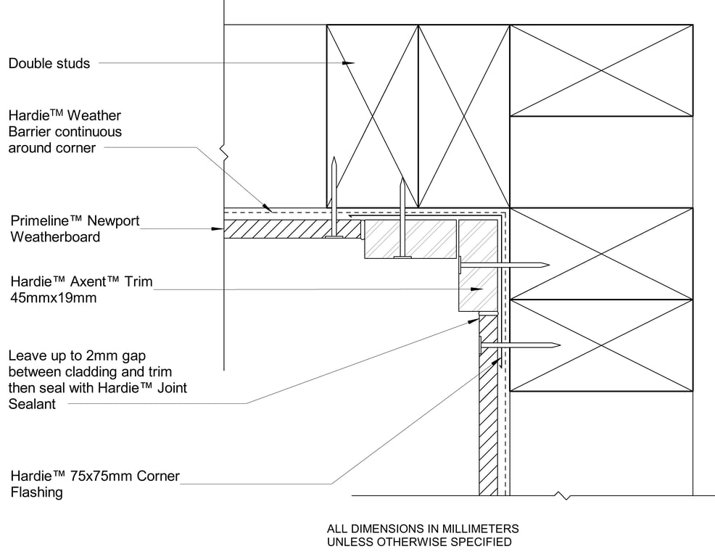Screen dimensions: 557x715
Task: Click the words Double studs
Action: pyautogui.click(x=49, y=64)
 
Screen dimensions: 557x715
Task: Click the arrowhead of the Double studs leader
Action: pyautogui.click(x=350, y=64)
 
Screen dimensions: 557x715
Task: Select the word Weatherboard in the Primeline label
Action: pyautogui.click(x=54, y=236)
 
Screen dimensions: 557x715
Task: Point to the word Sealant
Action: pyautogui.click(x=32, y=404)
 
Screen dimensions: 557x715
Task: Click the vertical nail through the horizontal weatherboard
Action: pyautogui.click(x=334, y=196)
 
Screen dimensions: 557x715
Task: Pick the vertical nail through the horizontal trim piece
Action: pyautogui.click(x=400, y=218)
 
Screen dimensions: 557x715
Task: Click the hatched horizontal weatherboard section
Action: pyautogui.click(x=290, y=229)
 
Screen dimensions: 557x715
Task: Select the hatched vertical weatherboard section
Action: pyautogui.click(x=488, y=421)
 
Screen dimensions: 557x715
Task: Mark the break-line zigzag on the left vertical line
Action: pyautogui.click(x=226, y=152)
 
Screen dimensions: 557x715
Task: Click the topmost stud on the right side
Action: pyautogui.click(x=601, y=70)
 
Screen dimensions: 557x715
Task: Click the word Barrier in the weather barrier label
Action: pyautogui.click(x=30, y=132)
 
